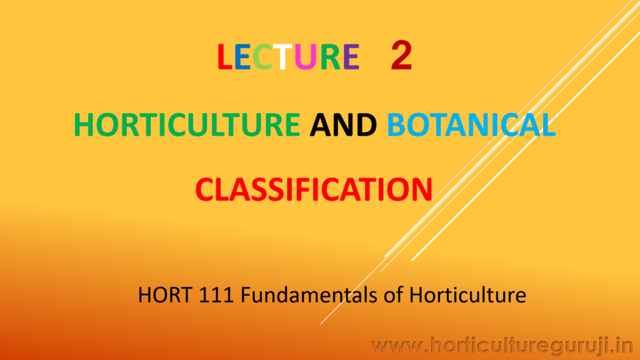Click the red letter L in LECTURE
[x=225, y=56]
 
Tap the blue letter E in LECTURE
[x=243, y=56]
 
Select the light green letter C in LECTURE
[x=262, y=56]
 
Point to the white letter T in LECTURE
[x=283, y=56]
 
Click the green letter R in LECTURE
[x=331, y=56]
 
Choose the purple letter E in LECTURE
[x=351, y=56]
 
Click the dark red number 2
[x=401, y=56]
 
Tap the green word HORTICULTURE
[x=187, y=124]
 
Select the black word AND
[x=343, y=124]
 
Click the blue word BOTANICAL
[x=471, y=124]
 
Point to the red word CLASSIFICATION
[x=314, y=189]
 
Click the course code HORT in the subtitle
[x=165, y=295]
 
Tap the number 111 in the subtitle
[x=216, y=295]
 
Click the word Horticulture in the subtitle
[x=467, y=295]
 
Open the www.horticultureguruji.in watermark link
[x=502, y=346]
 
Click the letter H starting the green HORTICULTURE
[x=84, y=124]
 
